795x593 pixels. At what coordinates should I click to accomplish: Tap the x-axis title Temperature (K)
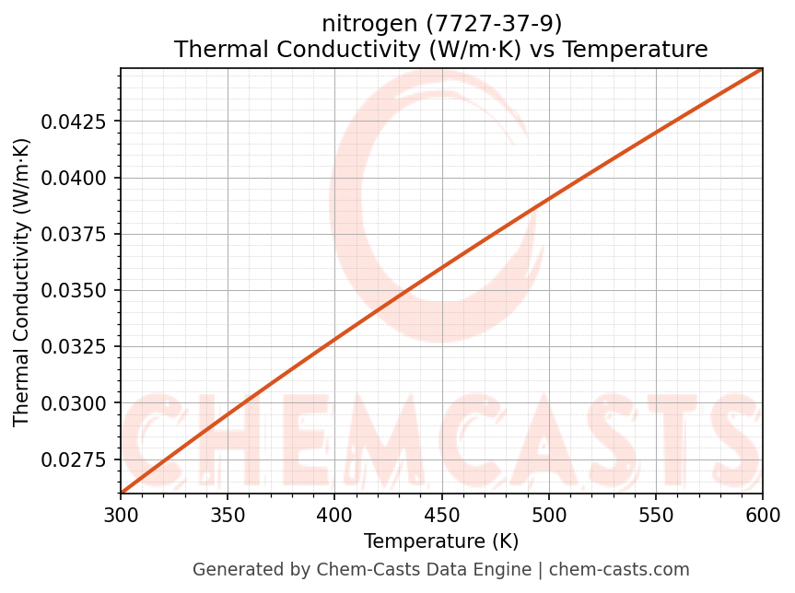[x=441, y=541]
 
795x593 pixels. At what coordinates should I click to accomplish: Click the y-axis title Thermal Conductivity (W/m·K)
[x=22, y=282]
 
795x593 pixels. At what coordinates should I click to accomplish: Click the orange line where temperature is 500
[x=549, y=199]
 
